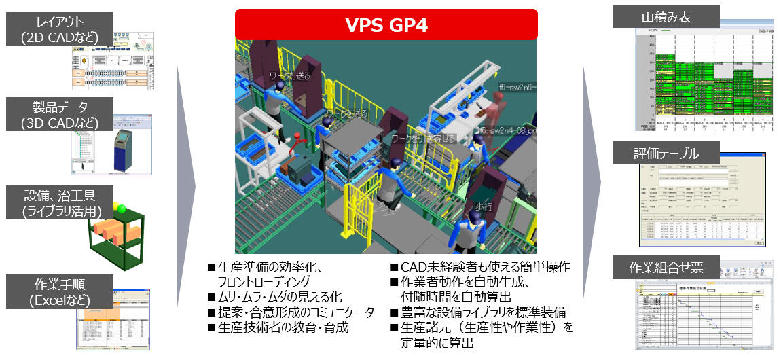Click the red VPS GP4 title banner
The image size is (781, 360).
tap(386, 25)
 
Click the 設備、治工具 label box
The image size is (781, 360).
tap(53, 202)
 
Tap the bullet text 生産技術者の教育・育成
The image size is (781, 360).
tap(278, 327)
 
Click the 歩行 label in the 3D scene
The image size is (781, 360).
tap(484, 206)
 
